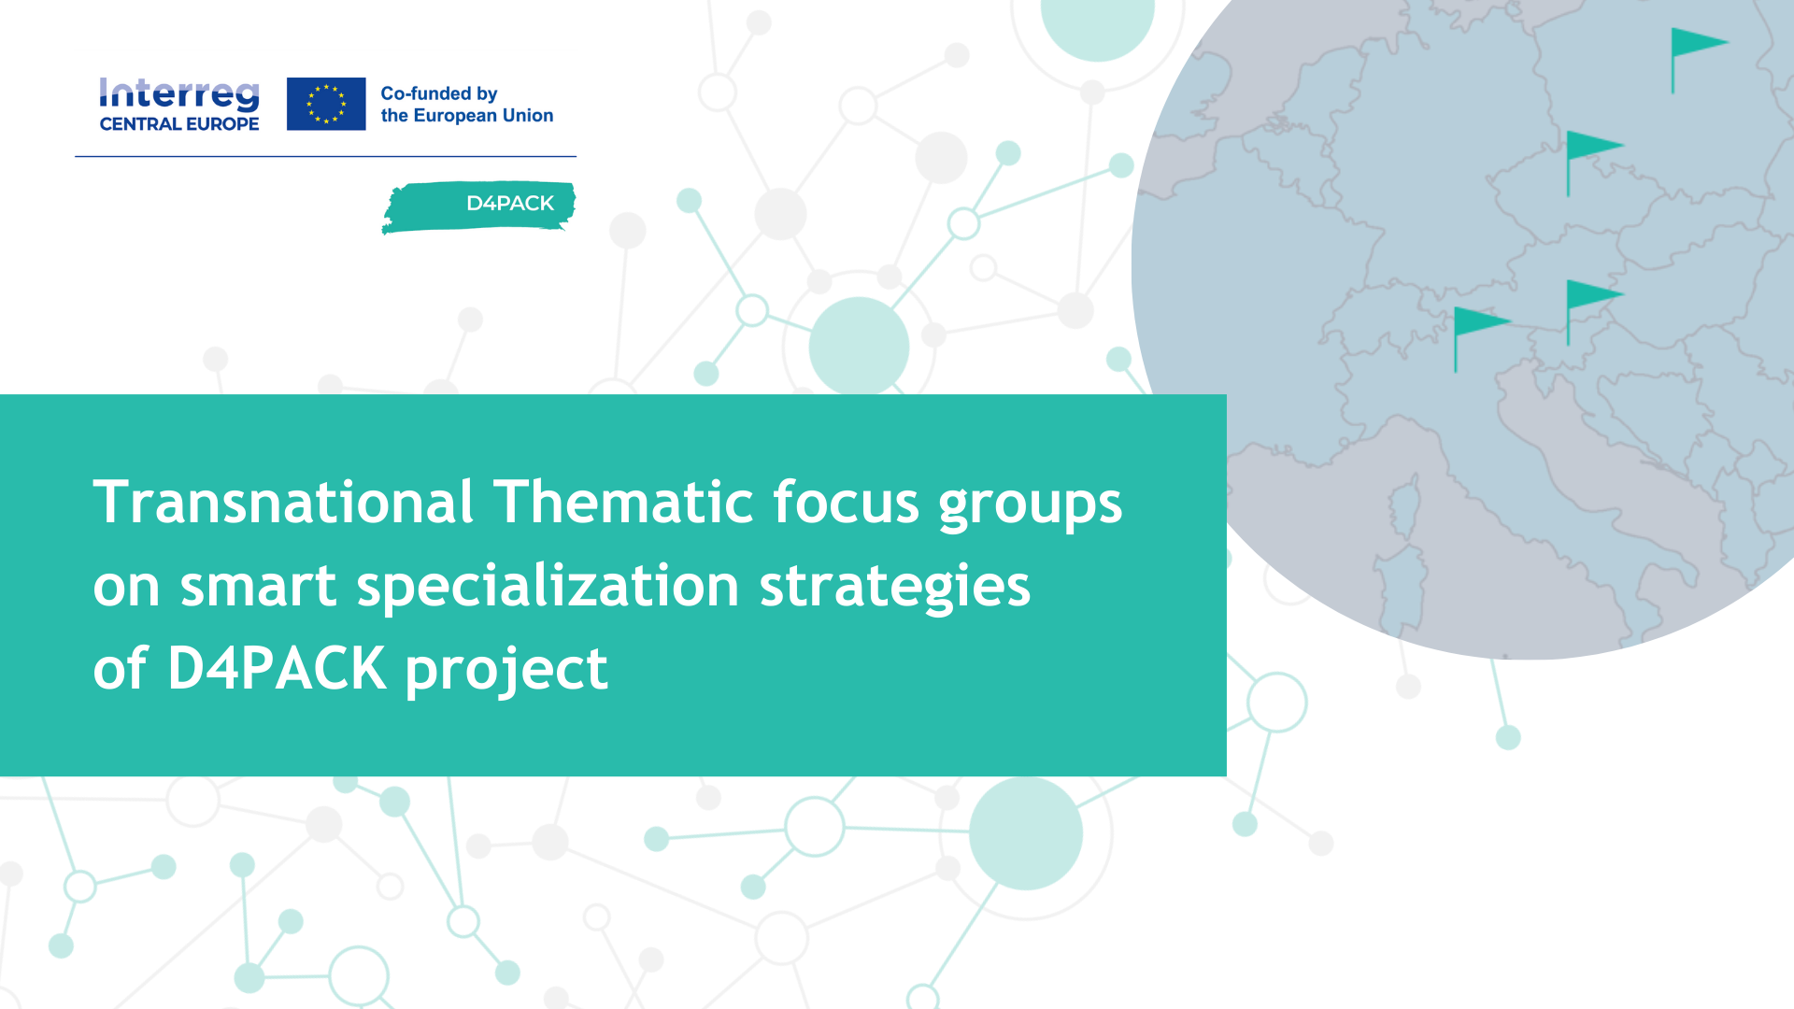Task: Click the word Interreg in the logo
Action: click(x=179, y=95)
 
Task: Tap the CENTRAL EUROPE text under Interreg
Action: click(x=179, y=124)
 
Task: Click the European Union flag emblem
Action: click(x=326, y=104)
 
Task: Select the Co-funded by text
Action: click(x=438, y=93)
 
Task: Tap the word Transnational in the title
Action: click(x=284, y=503)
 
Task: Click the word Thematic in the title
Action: click(x=623, y=503)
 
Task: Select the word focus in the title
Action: click(x=847, y=503)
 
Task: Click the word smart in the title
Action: click(x=258, y=588)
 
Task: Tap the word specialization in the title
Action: click(x=548, y=587)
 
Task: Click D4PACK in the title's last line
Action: click(x=277, y=668)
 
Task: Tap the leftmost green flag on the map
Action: click(x=1481, y=339)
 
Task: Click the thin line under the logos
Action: click(x=325, y=156)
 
